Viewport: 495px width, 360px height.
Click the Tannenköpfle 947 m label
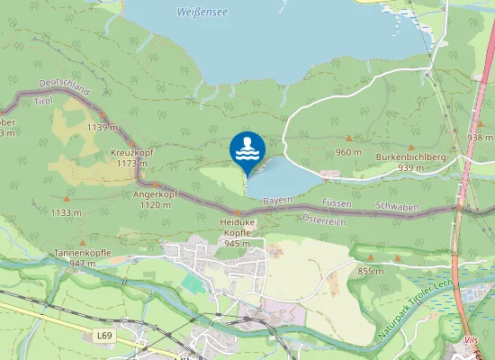pyautogui.click(x=82, y=257)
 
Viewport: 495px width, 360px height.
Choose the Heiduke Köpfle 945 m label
pyautogui.click(x=237, y=232)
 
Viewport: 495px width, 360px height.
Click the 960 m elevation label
pyautogui.click(x=348, y=152)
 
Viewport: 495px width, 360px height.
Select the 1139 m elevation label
pyautogui.click(x=103, y=128)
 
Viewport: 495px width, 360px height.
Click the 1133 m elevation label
pyautogui.click(x=66, y=213)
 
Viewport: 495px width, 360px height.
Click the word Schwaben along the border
pyautogui.click(x=399, y=207)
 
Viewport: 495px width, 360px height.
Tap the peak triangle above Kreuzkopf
pyautogui.click(x=131, y=144)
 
